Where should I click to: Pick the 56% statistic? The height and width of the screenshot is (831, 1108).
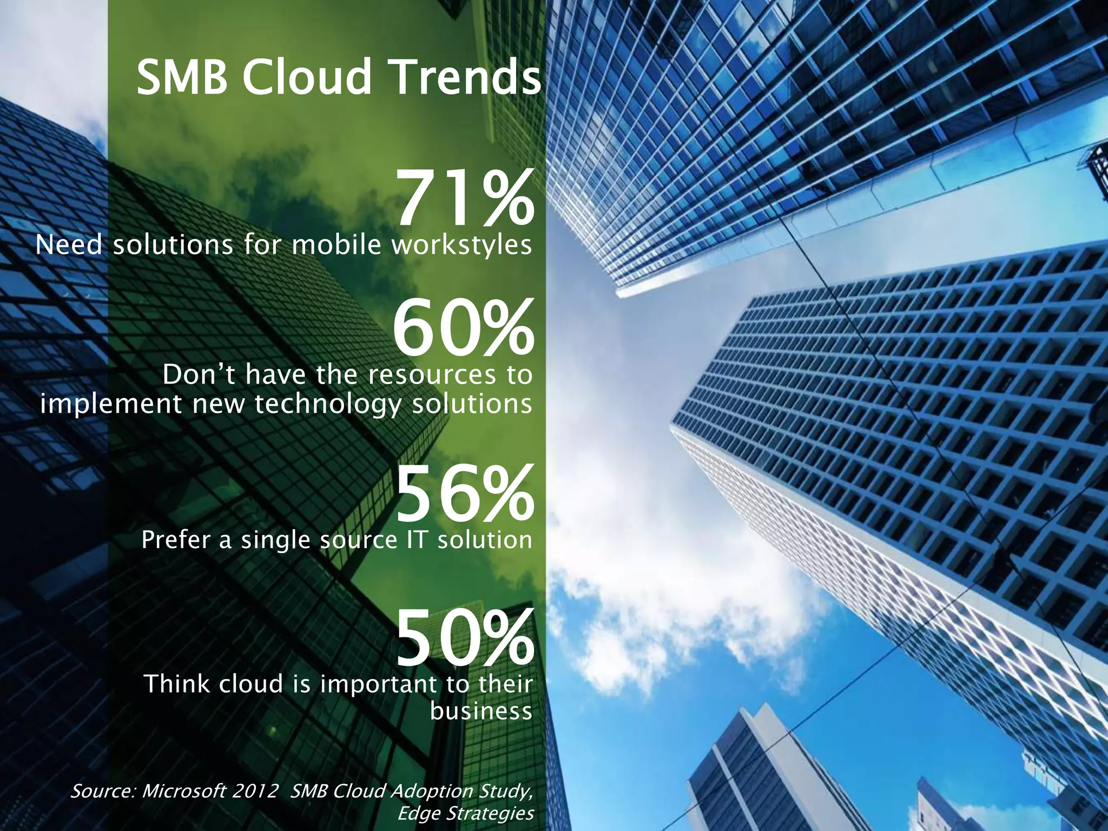coord(464,495)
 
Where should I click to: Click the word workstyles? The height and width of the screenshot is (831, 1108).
coord(461,246)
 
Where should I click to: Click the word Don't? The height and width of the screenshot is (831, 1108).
coord(199,374)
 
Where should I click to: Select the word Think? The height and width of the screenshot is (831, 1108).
coord(176,684)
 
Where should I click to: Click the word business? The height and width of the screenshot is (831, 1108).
coord(481,711)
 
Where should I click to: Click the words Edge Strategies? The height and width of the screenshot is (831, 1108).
coord(465,813)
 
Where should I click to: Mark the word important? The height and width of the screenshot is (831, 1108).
coord(379,685)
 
